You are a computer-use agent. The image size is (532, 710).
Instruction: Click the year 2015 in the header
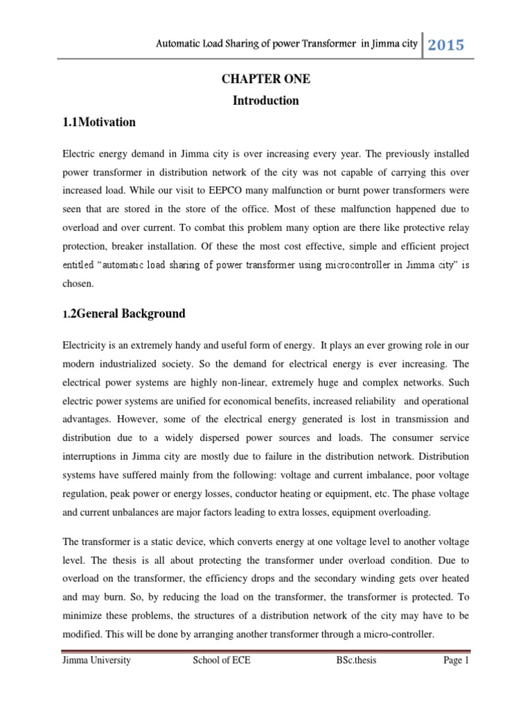(445, 45)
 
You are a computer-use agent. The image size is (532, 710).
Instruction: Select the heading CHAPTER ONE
(266, 80)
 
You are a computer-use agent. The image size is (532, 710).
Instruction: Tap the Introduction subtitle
(266, 101)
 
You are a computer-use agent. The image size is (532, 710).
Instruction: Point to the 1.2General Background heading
(124, 313)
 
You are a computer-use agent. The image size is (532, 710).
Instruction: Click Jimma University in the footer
(96, 661)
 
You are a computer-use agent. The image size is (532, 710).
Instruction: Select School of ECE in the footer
(222, 661)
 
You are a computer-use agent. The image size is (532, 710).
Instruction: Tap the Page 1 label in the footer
(456, 661)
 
